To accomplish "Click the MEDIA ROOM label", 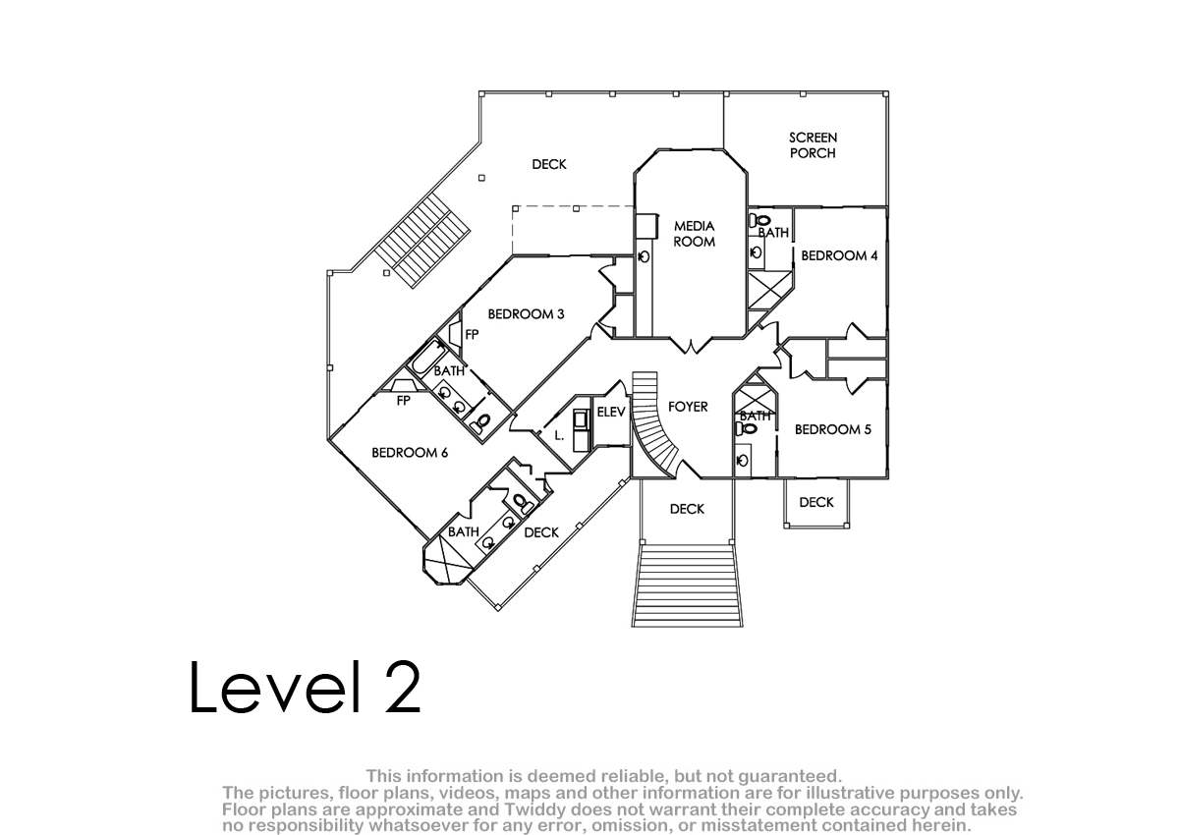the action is click(x=695, y=234).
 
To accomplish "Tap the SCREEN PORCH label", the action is click(x=813, y=145).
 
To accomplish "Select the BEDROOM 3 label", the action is click(x=526, y=314).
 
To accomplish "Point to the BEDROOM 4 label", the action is click(x=839, y=255).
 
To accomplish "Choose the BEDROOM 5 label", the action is click(x=833, y=429).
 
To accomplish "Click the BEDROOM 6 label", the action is click(x=410, y=453).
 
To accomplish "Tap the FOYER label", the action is click(x=688, y=407).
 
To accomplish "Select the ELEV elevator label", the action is click(x=611, y=412).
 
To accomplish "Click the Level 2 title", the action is click(x=306, y=688).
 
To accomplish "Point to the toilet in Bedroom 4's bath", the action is click(x=758, y=220).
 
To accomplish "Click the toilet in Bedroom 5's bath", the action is click(x=746, y=429).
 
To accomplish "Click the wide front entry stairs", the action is click(x=688, y=585).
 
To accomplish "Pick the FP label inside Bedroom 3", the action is click(x=472, y=334).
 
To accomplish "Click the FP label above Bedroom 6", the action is click(x=403, y=401).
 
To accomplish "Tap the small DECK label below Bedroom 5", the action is click(x=816, y=502).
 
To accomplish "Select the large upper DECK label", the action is click(x=549, y=165).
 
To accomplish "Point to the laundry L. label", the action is click(x=559, y=435).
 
